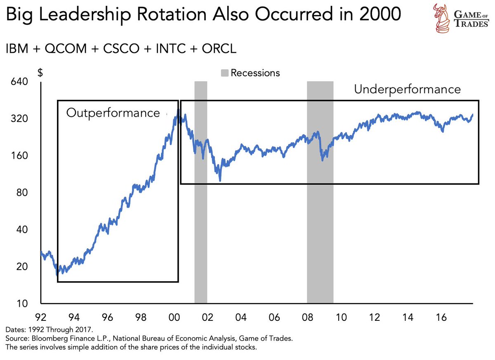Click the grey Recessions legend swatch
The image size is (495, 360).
(x=224, y=73)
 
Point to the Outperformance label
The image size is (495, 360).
(x=113, y=113)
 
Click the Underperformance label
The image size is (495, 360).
(x=407, y=89)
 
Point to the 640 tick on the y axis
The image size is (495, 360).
(x=19, y=82)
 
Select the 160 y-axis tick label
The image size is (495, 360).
(x=19, y=156)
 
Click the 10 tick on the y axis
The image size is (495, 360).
(x=21, y=304)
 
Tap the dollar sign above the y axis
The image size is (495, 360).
(x=40, y=73)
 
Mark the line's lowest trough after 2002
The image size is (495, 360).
(x=220, y=180)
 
